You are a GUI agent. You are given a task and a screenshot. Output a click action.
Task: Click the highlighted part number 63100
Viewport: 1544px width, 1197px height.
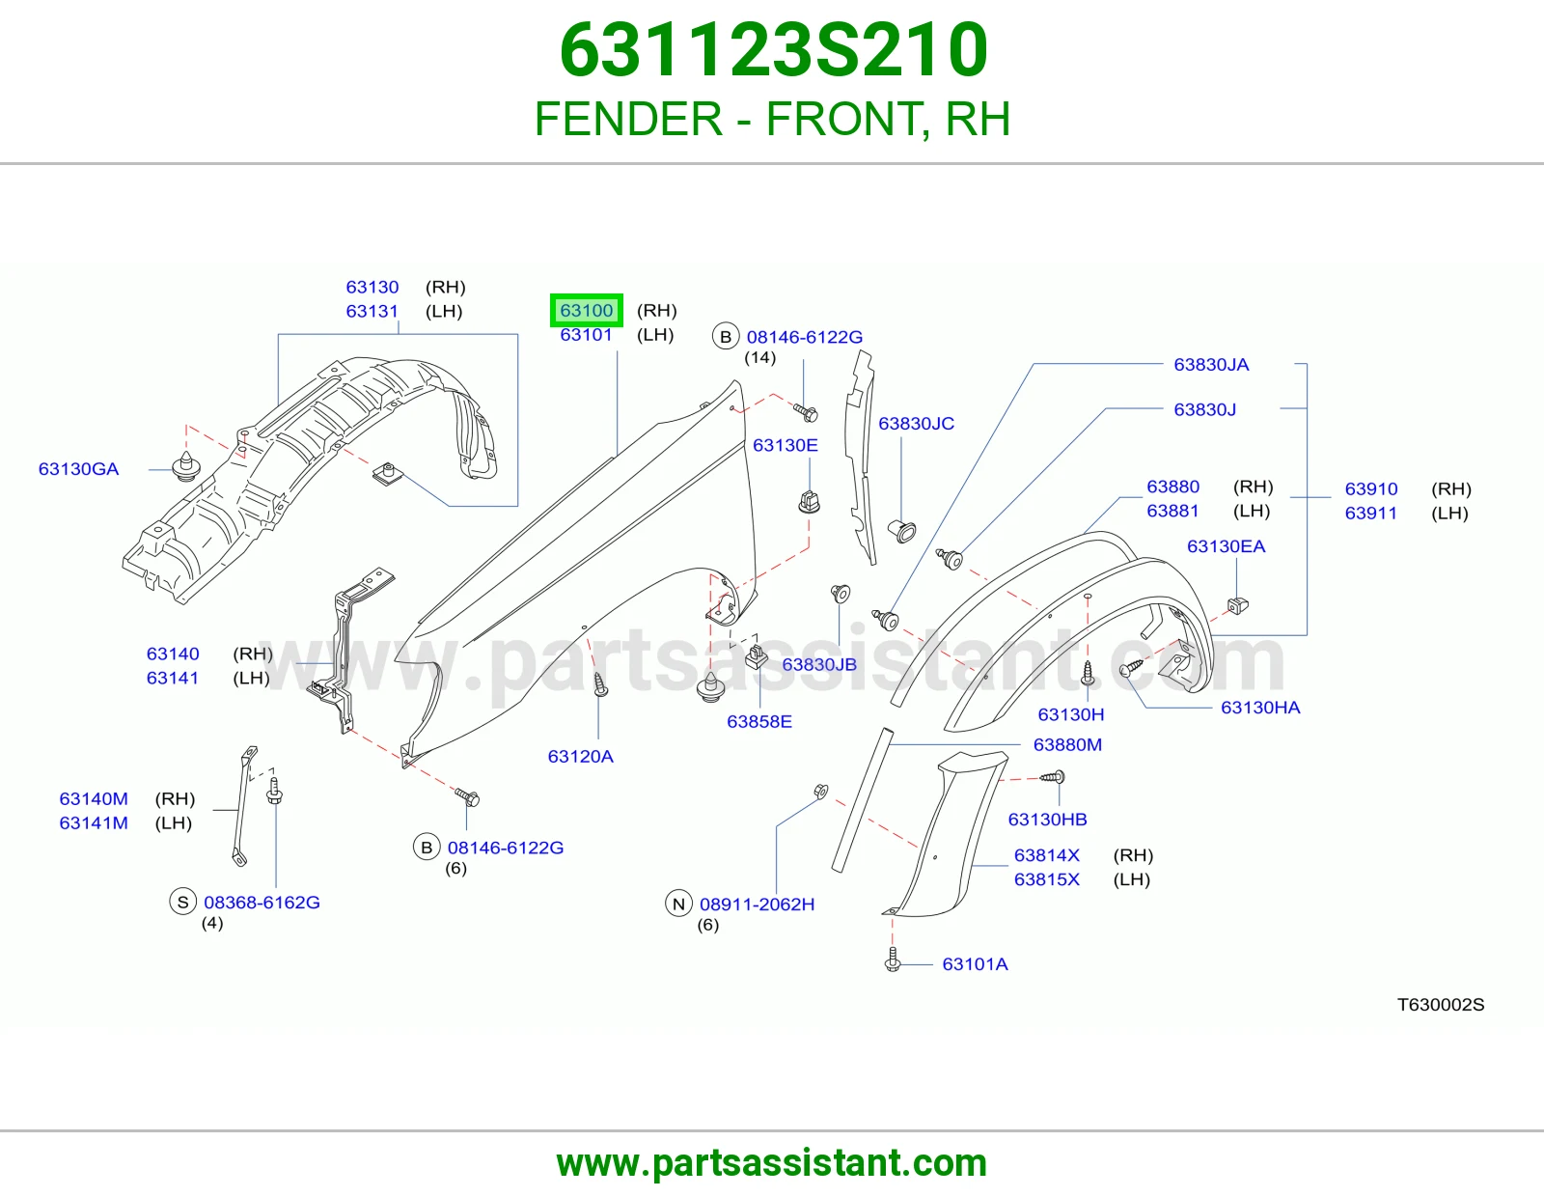[x=586, y=311]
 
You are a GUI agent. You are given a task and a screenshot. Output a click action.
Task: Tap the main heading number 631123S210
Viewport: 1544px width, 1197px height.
[x=773, y=50]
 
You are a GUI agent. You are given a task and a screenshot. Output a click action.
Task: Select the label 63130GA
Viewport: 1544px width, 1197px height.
[x=79, y=469]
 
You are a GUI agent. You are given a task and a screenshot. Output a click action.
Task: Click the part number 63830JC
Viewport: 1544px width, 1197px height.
[x=916, y=424]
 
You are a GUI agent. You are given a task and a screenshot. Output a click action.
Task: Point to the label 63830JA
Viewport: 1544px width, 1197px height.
[x=1211, y=365]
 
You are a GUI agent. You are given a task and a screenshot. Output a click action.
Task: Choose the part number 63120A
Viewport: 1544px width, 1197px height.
[x=581, y=756]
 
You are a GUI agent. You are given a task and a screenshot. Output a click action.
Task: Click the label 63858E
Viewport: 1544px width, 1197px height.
[x=758, y=721]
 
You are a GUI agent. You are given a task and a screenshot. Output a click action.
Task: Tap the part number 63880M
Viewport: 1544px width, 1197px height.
[x=1067, y=744]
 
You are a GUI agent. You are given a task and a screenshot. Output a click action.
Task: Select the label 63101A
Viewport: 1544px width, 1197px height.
[x=975, y=963]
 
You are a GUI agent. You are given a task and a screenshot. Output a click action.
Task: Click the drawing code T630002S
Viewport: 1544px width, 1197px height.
[x=1441, y=1004]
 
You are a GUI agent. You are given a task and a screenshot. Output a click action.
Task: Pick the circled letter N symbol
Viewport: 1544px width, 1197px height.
[x=678, y=904]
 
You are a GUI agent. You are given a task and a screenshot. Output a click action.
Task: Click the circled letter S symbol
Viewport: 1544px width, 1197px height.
[x=182, y=902]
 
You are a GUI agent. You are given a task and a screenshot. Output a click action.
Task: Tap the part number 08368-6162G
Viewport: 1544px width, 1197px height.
[x=262, y=902]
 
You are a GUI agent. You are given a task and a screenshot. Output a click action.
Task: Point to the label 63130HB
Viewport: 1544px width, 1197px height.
[x=1047, y=819]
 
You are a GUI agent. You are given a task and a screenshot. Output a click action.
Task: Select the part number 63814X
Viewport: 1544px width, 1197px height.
[x=1047, y=855]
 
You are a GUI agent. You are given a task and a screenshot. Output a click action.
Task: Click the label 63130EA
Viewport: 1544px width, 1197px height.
[x=1226, y=546]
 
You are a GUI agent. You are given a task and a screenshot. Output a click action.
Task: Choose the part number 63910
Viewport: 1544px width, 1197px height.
[x=1370, y=489]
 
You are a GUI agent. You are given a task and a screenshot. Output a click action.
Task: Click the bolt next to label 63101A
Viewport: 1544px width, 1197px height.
[x=893, y=959]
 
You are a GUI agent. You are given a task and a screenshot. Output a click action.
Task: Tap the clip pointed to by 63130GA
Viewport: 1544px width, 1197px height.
[x=186, y=465]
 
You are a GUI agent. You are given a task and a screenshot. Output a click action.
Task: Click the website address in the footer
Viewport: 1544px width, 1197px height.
[x=772, y=1163]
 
